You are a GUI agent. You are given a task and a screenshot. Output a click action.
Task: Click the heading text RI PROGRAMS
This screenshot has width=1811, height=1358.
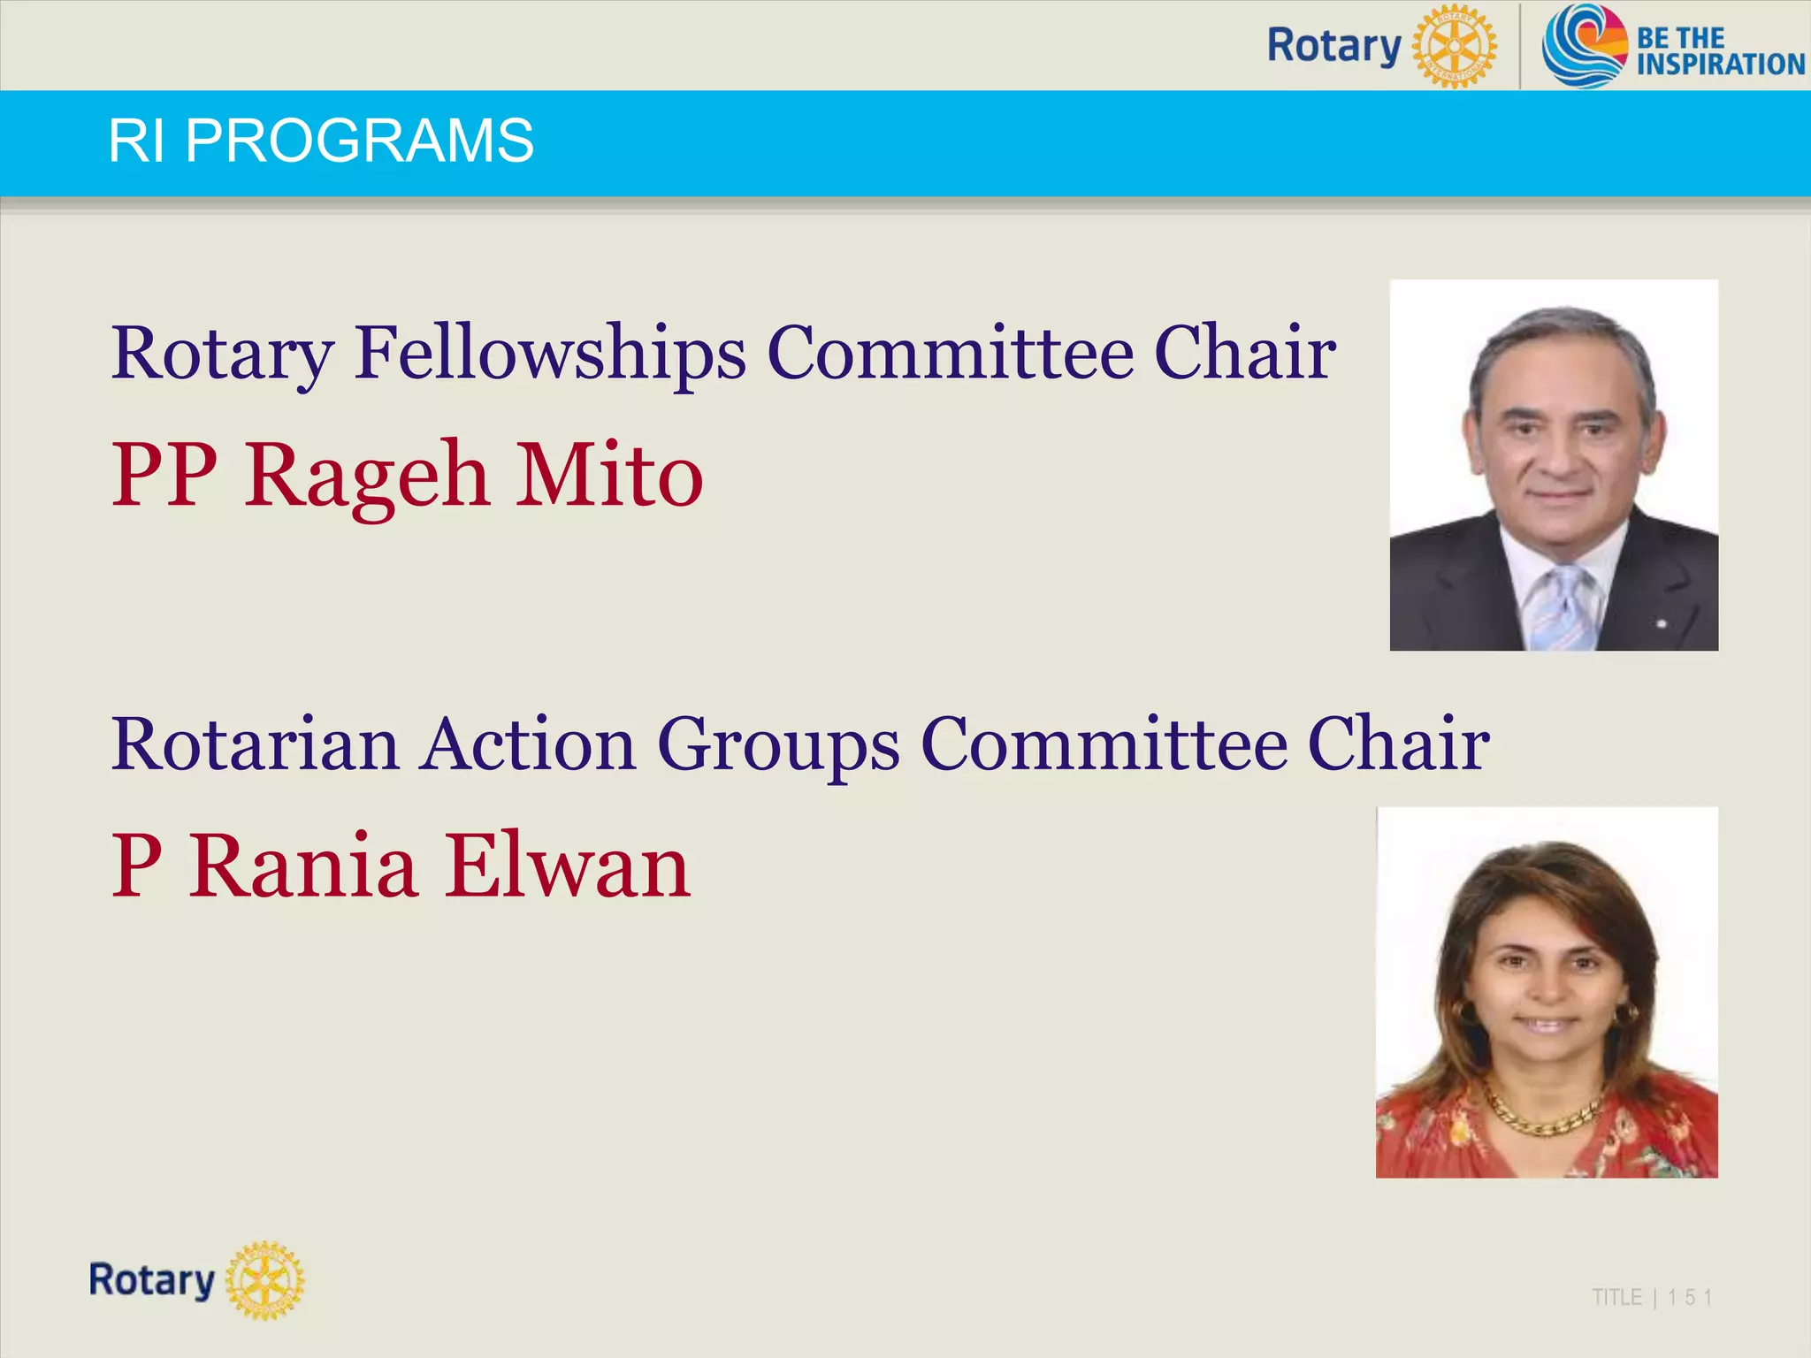(321, 141)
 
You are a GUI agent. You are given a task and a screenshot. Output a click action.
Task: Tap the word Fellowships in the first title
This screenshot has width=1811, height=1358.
(550, 353)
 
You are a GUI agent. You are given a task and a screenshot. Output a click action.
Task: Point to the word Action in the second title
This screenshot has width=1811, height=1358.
(528, 744)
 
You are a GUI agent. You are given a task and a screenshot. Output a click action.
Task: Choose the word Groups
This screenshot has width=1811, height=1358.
(778, 745)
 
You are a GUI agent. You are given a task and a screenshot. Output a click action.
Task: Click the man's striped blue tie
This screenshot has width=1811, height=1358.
(1563, 610)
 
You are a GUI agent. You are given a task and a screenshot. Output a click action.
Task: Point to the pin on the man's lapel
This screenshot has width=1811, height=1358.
(1662, 624)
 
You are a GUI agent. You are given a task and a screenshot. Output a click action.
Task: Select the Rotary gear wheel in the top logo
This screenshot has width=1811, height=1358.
(1455, 45)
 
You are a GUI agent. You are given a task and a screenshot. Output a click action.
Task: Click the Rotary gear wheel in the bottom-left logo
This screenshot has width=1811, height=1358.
(265, 1280)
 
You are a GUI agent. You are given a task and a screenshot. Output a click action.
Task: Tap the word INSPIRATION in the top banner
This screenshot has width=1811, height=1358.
(1720, 64)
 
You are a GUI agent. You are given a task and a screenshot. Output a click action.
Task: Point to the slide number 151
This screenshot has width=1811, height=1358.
(1690, 1298)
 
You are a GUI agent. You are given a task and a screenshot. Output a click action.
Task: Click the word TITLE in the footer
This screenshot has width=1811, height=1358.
(1616, 1298)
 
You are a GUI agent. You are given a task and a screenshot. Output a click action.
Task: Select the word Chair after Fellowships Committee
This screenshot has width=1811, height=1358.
(1245, 353)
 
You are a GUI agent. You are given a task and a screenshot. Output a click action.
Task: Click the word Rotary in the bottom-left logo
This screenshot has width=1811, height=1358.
(152, 1280)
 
